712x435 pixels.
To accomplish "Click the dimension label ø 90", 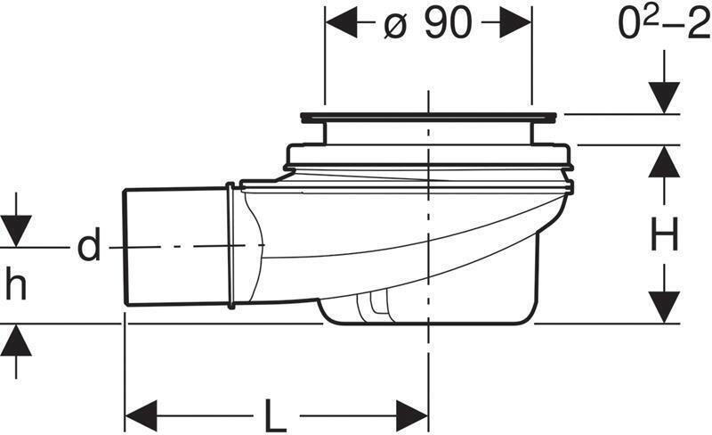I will tap(428, 24).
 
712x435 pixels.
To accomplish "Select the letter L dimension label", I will tap(275, 415).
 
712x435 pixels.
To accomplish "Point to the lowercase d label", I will tap(88, 247).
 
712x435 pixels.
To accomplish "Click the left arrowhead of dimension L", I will tap(141, 415).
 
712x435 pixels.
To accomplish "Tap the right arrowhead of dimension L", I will tap(412, 415).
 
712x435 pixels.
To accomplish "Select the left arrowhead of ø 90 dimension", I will tap(341, 24).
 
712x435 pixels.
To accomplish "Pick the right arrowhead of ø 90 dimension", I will tap(516, 24).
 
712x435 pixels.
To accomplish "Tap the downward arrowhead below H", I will tap(664, 306).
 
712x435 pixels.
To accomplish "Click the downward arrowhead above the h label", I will tap(15, 230).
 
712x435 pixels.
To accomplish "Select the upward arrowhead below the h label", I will tap(15, 341).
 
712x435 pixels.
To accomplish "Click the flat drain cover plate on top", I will tap(429, 116).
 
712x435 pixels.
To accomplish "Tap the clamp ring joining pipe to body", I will tap(231, 246).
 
